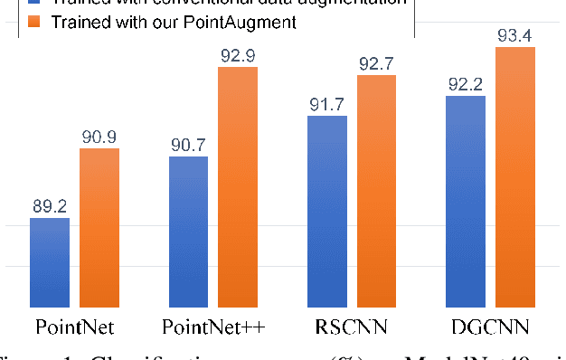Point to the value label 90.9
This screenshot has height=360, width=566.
(x=99, y=137)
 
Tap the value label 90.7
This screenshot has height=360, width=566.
(x=188, y=145)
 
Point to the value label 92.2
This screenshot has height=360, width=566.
(x=467, y=84)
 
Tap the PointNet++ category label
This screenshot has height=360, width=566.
(x=213, y=327)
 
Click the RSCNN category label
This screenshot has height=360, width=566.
(x=352, y=327)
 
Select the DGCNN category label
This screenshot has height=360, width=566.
(x=491, y=327)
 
